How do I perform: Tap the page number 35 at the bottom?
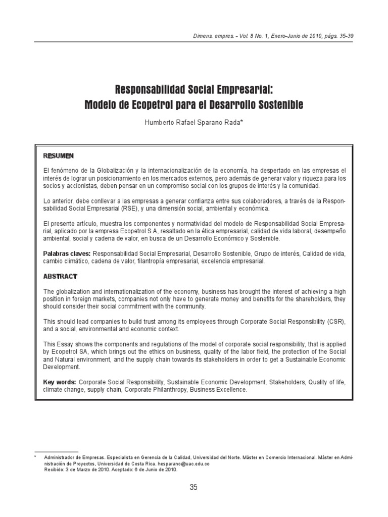[x=193, y=487]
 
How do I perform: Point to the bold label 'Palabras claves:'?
[x=67, y=253]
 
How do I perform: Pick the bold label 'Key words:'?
[x=60, y=382]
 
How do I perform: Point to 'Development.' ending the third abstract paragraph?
[x=62, y=368]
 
